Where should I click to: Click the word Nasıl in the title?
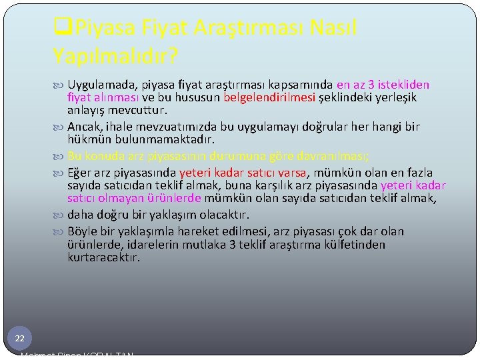click(x=333, y=28)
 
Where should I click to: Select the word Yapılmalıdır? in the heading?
click(x=115, y=56)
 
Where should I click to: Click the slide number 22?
click(x=19, y=339)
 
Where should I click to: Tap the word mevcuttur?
click(x=141, y=110)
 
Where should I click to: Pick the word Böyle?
click(x=83, y=231)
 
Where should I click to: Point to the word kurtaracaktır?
click(x=104, y=257)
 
